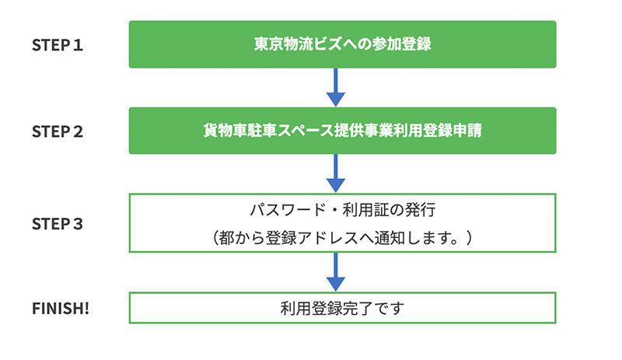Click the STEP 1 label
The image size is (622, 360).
pyautogui.click(x=57, y=45)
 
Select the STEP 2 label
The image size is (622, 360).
pyautogui.click(x=57, y=131)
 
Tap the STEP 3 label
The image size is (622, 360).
pyautogui.click(x=57, y=224)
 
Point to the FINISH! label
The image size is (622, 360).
pyautogui.click(x=61, y=309)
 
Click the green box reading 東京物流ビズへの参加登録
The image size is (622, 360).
pyautogui.click(x=342, y=44)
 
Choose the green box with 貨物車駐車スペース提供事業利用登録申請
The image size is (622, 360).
pyautogui.click(x=342, y=131)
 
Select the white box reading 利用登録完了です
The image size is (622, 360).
pyautogui.click(x=342, y=308)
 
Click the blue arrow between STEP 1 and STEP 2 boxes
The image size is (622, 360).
pyautogui.click(x=336, y=87)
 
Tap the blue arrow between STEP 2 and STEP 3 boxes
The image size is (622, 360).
pyautogui.click(x=336, y=173)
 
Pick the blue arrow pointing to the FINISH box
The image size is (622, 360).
pyautogui.click(x=336, y=272)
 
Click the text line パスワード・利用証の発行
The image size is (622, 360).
pyautogui.click(x=343, y=210)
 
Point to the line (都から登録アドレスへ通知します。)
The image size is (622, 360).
pyautogui.click(x=342, y=238)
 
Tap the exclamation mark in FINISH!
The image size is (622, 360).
pyautogui.click(x=86, y=309)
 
